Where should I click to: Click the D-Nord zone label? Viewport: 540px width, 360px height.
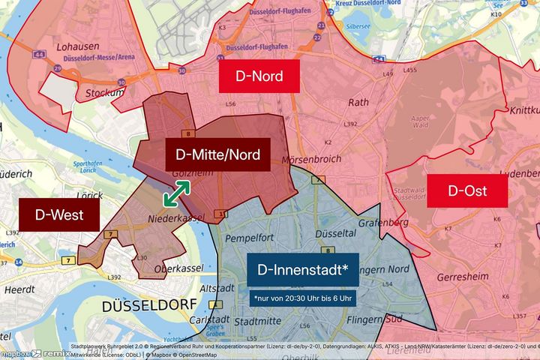click(259, 76)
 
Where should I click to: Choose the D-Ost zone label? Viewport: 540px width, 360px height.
click(468, 190)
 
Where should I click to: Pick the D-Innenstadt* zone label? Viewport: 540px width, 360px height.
click(302, 270)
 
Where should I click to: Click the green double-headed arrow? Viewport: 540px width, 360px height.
click(176, 193)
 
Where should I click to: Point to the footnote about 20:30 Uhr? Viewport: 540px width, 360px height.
click(303, 298)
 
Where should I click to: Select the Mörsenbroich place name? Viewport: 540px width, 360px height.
click(311, 159)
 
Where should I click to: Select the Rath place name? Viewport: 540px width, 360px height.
click(358, 102)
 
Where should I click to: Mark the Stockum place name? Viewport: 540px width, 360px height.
click(105, 93)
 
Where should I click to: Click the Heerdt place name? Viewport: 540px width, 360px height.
click(19, 289)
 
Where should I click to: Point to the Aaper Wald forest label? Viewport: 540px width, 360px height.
click(421, 123)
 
